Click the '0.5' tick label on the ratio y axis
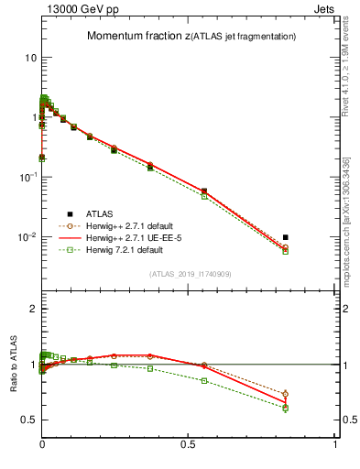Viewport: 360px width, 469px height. click(x=27, y=420)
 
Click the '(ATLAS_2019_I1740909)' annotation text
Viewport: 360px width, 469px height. click(x=191, y=274)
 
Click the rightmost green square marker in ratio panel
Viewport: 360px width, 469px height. click(x=286, y=409)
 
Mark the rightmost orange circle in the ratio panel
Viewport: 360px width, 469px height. click(x=286, y=395)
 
